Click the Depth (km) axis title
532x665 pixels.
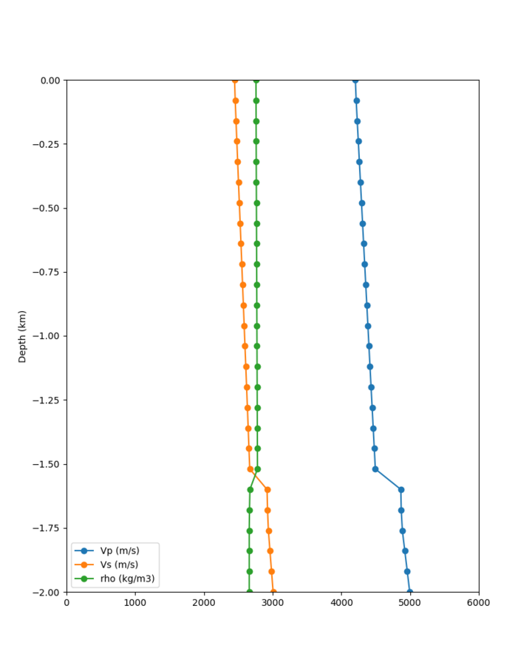point(22,336)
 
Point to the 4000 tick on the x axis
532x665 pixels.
point(341,602)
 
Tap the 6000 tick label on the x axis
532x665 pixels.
point(479,602)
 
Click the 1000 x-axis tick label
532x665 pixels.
point(135,602)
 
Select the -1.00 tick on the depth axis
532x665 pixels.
point(47,336)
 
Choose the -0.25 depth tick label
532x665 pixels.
point(47,144)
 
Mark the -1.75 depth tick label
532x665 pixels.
point(47,528)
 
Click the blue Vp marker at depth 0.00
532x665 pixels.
point(355,80)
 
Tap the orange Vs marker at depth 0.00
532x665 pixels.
point(234,80)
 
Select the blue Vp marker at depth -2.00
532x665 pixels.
point(409,592)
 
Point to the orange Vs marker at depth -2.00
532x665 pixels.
point(273,592)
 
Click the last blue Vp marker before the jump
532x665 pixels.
point(375,469)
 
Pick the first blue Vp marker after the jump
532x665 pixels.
point(401,489)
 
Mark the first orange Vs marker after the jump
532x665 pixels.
point(267,489)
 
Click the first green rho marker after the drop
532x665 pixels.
point(250,489)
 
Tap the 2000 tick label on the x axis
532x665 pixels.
point(204,602)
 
